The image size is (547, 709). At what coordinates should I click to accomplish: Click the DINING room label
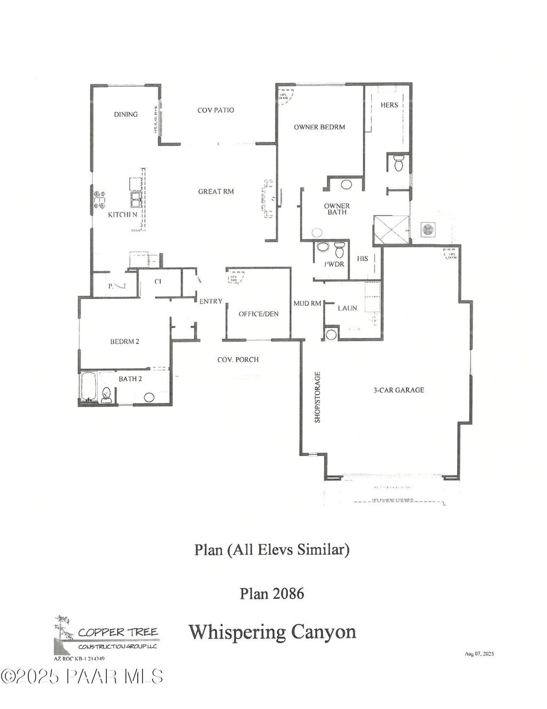(x=126, y=114)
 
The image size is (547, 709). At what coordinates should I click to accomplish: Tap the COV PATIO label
(x=216, y=110)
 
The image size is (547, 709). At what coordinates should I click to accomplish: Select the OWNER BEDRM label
(x=319, y=127)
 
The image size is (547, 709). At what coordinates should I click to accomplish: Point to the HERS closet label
(x=389, y=105)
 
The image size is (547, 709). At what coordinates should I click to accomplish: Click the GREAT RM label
(x=216, y=191)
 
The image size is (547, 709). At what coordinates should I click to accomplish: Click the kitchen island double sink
(x=136, y=199)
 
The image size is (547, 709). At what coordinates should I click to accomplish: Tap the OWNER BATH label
(x=337, y=209)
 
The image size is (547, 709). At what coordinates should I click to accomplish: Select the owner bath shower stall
(x=392, y=230)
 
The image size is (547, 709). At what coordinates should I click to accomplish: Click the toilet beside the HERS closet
(x=398, y=163)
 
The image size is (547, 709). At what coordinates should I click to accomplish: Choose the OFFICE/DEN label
(x=259, y=314)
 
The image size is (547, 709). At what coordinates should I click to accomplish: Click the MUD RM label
(x=307, y=304)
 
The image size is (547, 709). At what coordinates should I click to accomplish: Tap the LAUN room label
(x=347, y=309)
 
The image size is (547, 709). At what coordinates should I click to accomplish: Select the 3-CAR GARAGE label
(x=398, y=390)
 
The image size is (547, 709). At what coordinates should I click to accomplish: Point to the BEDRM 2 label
(x=125, y=342)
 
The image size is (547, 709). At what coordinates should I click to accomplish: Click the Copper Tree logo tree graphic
(x=64, y=634)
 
